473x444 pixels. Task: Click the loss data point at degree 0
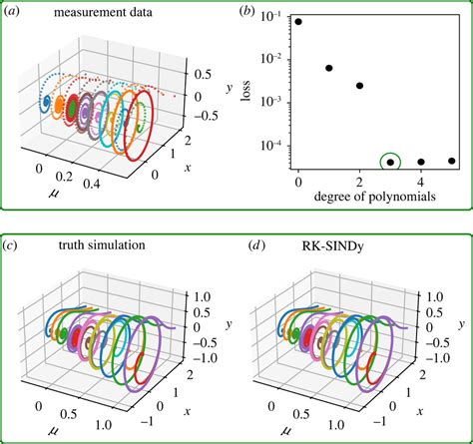tap(298, 22)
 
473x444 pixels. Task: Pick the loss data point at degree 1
tap(329, 68)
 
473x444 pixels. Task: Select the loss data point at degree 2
tap(359, 86)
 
